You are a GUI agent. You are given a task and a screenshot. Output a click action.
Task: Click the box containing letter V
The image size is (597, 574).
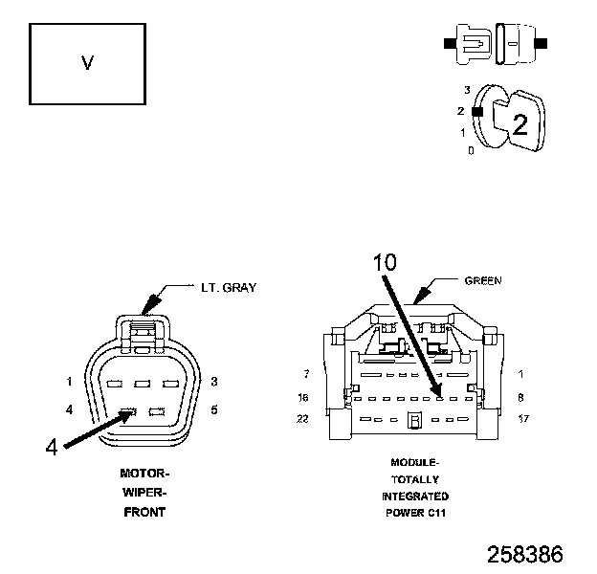tap(87, 64)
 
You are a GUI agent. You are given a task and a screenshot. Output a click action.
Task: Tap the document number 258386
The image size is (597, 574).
tap(524, 554)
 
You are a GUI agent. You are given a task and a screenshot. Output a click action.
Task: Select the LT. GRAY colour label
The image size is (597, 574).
tap(227, 287)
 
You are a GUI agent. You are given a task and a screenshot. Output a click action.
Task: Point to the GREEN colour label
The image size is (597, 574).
tap(483, 281)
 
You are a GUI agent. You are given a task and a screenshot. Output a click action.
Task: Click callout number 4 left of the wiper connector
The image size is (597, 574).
tap(52, 446)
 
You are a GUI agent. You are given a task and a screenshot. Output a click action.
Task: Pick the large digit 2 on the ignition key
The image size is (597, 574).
tap(520, 123)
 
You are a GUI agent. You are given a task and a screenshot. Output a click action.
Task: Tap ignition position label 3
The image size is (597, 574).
tap(467, 89)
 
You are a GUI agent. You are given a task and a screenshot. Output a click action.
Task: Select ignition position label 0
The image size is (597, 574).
tap(470, 150)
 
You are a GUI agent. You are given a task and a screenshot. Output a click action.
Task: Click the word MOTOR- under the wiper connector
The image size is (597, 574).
tap(144, 474)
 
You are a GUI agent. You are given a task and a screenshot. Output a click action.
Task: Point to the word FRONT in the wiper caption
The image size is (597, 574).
tap(144, 512)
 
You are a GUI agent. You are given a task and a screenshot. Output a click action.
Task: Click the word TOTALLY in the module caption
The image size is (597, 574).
tap(415, 479)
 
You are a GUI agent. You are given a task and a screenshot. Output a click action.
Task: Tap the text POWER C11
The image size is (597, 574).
tap(415, 513)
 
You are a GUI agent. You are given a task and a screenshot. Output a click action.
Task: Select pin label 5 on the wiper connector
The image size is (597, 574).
tap(213, 410)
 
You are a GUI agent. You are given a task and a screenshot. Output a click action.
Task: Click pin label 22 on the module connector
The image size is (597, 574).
tap(303, 419)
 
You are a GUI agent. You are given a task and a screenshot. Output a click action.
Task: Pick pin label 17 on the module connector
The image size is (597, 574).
tap(522, 419)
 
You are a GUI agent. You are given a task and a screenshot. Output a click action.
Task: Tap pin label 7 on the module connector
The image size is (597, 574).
tap(305, 374)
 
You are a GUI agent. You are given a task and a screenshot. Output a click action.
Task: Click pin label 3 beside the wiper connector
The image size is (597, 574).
tap(213, 382)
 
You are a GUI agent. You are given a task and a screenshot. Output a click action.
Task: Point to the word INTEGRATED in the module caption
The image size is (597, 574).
tap(415, 497)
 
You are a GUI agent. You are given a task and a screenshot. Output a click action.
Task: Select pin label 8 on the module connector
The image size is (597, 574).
tap(520, 396)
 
